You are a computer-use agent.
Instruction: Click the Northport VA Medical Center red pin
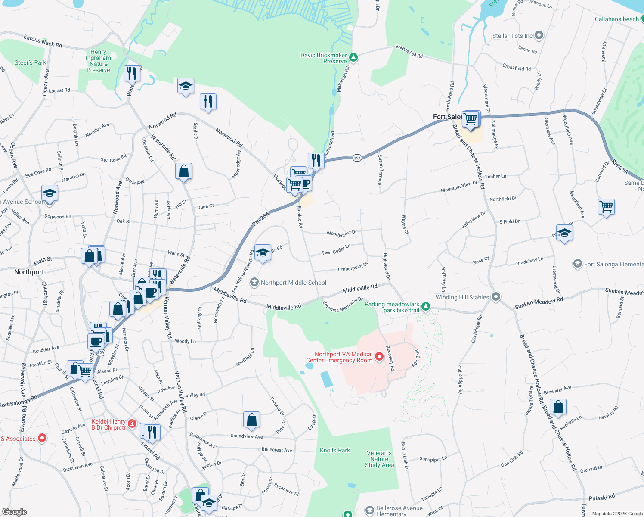pos(379,357)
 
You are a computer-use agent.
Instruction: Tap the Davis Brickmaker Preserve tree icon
pos(353,57)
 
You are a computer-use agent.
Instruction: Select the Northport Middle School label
pos(294,283)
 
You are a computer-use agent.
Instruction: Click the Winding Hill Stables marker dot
pos(496,296)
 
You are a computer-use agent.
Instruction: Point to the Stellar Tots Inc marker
pos(539,35)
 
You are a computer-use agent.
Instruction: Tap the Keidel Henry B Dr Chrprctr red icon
pos(132,424)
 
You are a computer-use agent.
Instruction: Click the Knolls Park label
pos(335,450)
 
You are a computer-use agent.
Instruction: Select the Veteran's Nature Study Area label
pos(379,459)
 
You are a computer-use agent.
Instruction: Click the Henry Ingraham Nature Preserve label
pos(98,61)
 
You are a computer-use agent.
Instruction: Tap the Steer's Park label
pos(30,62)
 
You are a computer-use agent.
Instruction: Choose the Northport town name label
pos(29,272)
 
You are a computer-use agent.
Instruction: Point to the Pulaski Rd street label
pos(602,498)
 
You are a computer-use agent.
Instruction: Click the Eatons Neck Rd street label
pos(43,41)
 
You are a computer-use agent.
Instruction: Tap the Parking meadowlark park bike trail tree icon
pos(426,306)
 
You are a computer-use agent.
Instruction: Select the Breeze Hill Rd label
pos(409,52)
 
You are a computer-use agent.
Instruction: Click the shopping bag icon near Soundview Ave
pos(251,419)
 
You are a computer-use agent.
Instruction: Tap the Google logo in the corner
pos(14,512)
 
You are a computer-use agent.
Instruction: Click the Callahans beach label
pos(616,19)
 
